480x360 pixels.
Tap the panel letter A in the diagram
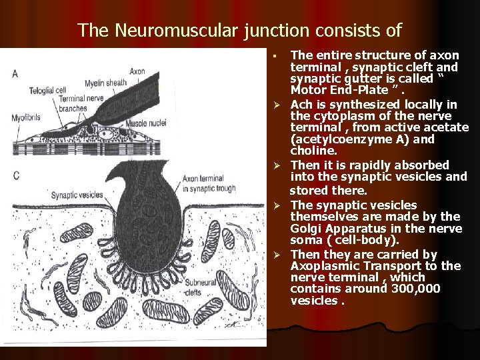pos(15,74)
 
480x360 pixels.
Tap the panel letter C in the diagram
pos(15,175)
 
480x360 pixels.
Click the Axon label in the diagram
pos(137,70)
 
